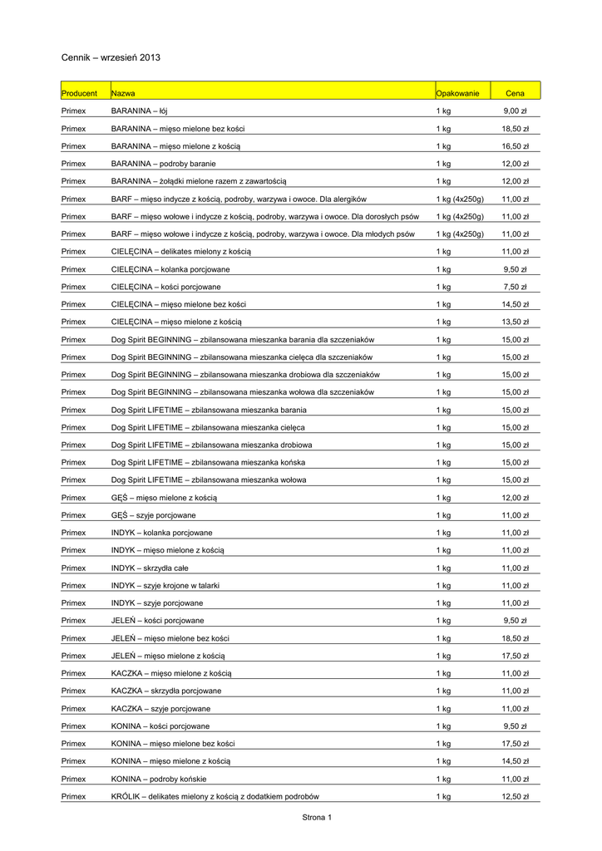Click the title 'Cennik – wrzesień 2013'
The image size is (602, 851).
111,57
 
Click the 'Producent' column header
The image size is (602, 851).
79,93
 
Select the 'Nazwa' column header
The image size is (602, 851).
124,93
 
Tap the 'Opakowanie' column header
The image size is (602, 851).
457,93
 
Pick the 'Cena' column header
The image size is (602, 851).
515,93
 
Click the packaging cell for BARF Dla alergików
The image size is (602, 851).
460,199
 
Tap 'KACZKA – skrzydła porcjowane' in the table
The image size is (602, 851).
166,691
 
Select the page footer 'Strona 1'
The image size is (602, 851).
317,817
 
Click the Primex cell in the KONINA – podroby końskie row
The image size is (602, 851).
73,779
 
